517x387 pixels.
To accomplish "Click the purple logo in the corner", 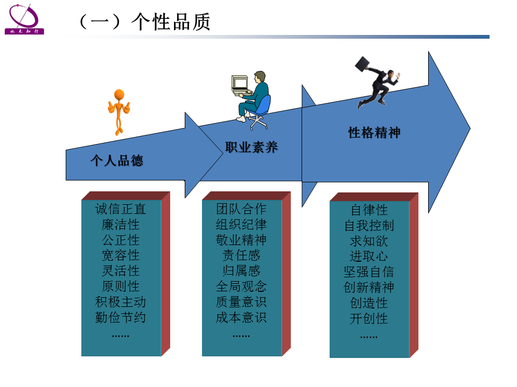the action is pyautogui.click(x=24, y=19).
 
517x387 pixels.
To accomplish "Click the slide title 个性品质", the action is pyautogui.click(x=171, y=21).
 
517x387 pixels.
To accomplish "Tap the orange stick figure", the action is pyautogui.click(x=119, y=112).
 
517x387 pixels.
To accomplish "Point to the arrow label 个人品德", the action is pyautogui.click(x=117, y=161).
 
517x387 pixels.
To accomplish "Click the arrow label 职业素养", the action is pyautogui.click(x=251, y=147).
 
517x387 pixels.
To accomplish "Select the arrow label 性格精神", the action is pyautogui.click(x=374, y=133).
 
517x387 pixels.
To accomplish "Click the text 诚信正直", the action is pyautogui.click(x=120, y=209).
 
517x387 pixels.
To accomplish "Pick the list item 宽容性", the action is pyautogui.click(x=120, y=255).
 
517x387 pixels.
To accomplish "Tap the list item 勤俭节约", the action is pyautogui.click(x=120, y=318).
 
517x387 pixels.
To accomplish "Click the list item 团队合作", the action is pyautogui.click(x=241, y=209).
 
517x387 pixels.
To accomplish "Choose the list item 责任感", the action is pyautogui.click(x=241, y=255).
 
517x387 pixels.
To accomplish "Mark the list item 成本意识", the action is pyautogui.click(x=241, y=318).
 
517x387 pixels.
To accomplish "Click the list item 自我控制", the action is pyautogui.click(x=369, y=226).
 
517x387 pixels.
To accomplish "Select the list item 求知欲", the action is pyautogui.click(x=369, y=241).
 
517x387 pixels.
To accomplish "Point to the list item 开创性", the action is pyautogui.click(x=369, y=319).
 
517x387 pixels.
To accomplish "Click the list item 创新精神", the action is pyautogui.click(x=369, y=287).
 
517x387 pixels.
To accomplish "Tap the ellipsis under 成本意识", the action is pyautogui.click(x=241, y=335).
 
